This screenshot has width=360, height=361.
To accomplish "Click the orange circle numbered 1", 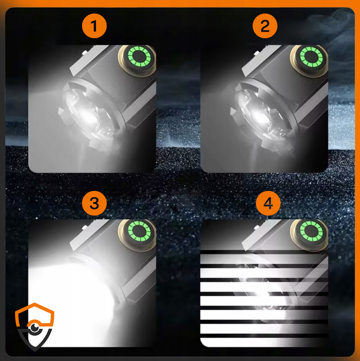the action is click(x=94, y=26).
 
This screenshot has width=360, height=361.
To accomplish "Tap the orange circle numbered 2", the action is click(x=265, y=26).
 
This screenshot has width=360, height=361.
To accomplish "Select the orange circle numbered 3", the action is click(x=94, y=203).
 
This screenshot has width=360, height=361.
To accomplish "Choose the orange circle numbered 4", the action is click(x=268, y=203).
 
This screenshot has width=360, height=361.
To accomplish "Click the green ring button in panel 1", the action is click(x=139, y=56).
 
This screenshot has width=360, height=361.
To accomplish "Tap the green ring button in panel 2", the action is click(x=311, y=56).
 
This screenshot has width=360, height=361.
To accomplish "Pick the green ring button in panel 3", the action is click(x=139, y=231).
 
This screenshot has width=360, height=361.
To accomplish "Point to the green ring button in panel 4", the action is click(x=311, y=231).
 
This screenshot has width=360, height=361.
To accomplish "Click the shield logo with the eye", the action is click(x=35, y=327).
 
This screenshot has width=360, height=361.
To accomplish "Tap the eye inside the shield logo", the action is click(x=35, y=327).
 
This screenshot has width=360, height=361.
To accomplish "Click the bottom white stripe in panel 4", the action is click(x=264, y=342).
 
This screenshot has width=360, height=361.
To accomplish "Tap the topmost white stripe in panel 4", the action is click(x=264, y=259).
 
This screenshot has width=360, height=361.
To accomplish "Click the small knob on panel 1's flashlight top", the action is click(x=85, y=52).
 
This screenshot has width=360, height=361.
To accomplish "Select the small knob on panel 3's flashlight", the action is click(x=85, y=227).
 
